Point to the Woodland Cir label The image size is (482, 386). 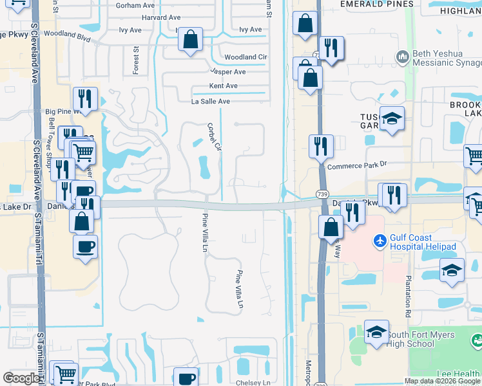click(246, 57)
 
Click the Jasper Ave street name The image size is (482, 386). click(227, 72)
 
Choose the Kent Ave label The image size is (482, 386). click(224, 86)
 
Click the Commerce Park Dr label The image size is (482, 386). click(356, 165)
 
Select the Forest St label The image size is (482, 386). click(137, 60)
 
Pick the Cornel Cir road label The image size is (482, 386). click(214, 137)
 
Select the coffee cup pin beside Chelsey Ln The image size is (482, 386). click(186, 378)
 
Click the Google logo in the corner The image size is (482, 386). click(21, 378)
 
